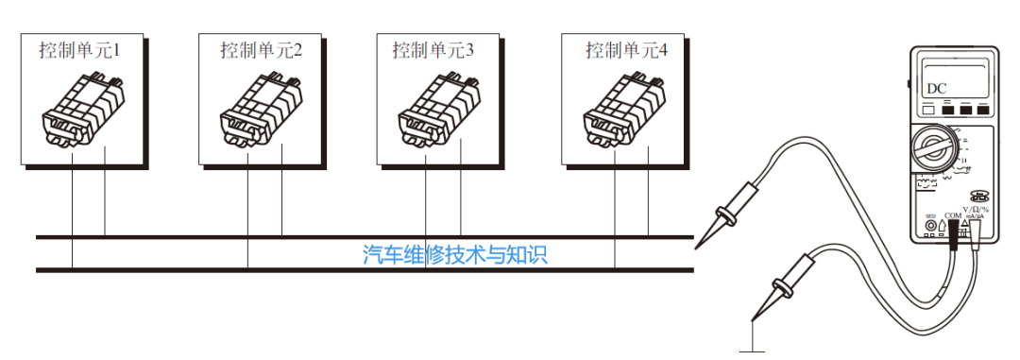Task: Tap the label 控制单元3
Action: (433, 50)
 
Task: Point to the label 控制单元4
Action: (626, 50)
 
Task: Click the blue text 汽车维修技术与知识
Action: (455, 254)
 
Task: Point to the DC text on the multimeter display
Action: (936, 89)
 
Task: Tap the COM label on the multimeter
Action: (953, 215)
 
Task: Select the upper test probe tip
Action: (700, 245)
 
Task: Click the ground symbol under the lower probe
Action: (753, 348)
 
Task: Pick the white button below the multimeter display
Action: (927, 111)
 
